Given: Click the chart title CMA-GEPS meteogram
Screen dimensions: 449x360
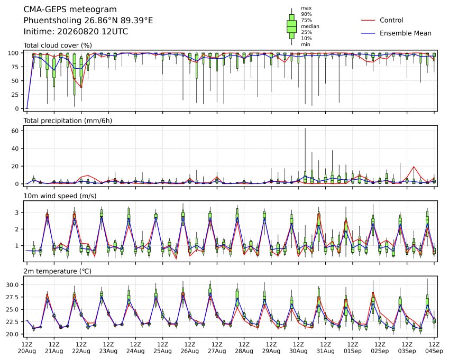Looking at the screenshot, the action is pyautogui.click(x=70, y=10).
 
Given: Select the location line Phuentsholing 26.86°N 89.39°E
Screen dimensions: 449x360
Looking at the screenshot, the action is pyautogui.click(x=88, y=21).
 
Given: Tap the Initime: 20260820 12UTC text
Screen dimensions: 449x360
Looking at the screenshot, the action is pyautogui.click(x=76, y=32).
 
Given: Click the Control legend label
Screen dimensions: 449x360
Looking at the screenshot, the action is pyautogui.click(x=391, y=20).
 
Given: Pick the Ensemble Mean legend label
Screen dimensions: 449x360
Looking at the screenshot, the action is pyautogui.click(x=406, y=33).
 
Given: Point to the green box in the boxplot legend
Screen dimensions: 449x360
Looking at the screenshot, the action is pyautogui.click(x=292, y=26).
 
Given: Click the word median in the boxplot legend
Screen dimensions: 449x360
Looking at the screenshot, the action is pyautogui.click(x=310, y=26).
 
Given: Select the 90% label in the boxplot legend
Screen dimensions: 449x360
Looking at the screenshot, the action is pyautogui.click(x=306, y=14).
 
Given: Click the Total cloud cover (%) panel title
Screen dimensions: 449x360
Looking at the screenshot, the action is pyautogui.click(x=58, y=45).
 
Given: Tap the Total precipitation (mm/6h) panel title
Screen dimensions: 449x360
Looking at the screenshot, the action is pyautogui.click(x=68, y=121).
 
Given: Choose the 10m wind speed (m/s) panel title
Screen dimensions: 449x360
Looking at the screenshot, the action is pyautogui.click(x=60, y=196).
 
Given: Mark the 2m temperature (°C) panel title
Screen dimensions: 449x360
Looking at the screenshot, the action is pyautogui.click(x=57, y=271).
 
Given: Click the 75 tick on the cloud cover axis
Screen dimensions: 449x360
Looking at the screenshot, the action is pyautogui.click(x=15, y=67).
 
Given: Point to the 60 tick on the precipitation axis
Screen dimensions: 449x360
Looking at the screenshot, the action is pyautogui.click(x=15, y=131).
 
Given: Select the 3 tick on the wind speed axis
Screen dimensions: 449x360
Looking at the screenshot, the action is pyautogui.click(x=17, y=213).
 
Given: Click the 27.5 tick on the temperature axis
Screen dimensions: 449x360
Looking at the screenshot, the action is pyautogui.click(x=12, y=297).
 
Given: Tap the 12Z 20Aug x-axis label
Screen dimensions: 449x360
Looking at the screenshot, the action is pyautogui.click(x=27, y=348).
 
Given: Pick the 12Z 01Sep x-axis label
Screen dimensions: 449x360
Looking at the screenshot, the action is pyautogui.click(x=353, y=348).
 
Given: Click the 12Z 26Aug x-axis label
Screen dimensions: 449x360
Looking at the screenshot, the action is pyautogui.click(x=189, y=348).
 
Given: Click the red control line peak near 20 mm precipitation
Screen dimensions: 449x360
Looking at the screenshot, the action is pyautogui.click(x=414, y=167).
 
